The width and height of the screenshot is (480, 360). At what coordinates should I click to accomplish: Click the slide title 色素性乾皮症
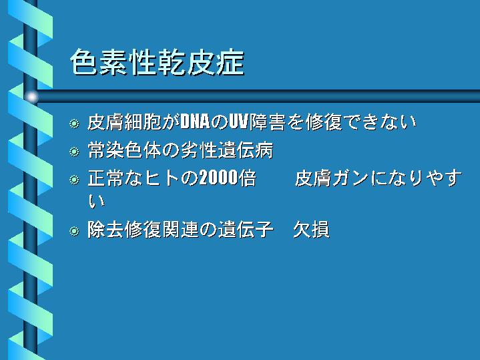click(x=158, y=63)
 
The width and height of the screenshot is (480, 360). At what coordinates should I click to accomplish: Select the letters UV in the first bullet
click(x=239, y=122)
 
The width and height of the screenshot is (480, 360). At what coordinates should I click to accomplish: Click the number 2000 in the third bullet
click(x=218, y=178)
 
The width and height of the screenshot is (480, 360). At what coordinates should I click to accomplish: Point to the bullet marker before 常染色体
click(x=74, y=152)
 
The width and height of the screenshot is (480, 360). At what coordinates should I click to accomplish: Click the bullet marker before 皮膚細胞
click(x=74, y=124)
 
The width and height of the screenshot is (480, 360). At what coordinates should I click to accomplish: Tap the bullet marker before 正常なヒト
click(x=74, y=180)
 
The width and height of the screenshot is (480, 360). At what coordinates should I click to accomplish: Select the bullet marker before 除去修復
click(x=74, y=231)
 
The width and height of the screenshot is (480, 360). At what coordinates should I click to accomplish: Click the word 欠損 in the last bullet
click(x=311, y=230)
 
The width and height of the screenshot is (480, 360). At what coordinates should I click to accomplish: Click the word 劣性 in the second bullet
click(x=200, y=150)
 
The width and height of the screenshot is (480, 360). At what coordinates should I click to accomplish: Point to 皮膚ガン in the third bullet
click(x=332, y=178)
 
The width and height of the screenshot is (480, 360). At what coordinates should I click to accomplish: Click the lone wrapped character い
click(x=96, y=202)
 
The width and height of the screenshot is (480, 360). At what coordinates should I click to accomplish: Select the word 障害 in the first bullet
click(x=268, y=122)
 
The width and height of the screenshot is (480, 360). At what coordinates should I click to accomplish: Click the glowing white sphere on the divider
click(x=31, y=97)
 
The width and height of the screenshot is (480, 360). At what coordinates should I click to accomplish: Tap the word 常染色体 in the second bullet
click(x=125, y=150)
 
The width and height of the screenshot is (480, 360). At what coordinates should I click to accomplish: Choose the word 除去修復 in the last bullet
click(x=125, y=230)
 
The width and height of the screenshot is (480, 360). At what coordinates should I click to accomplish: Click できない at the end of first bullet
click(x=380, y=122)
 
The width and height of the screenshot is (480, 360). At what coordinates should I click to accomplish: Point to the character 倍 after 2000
click(x=248, y=178)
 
